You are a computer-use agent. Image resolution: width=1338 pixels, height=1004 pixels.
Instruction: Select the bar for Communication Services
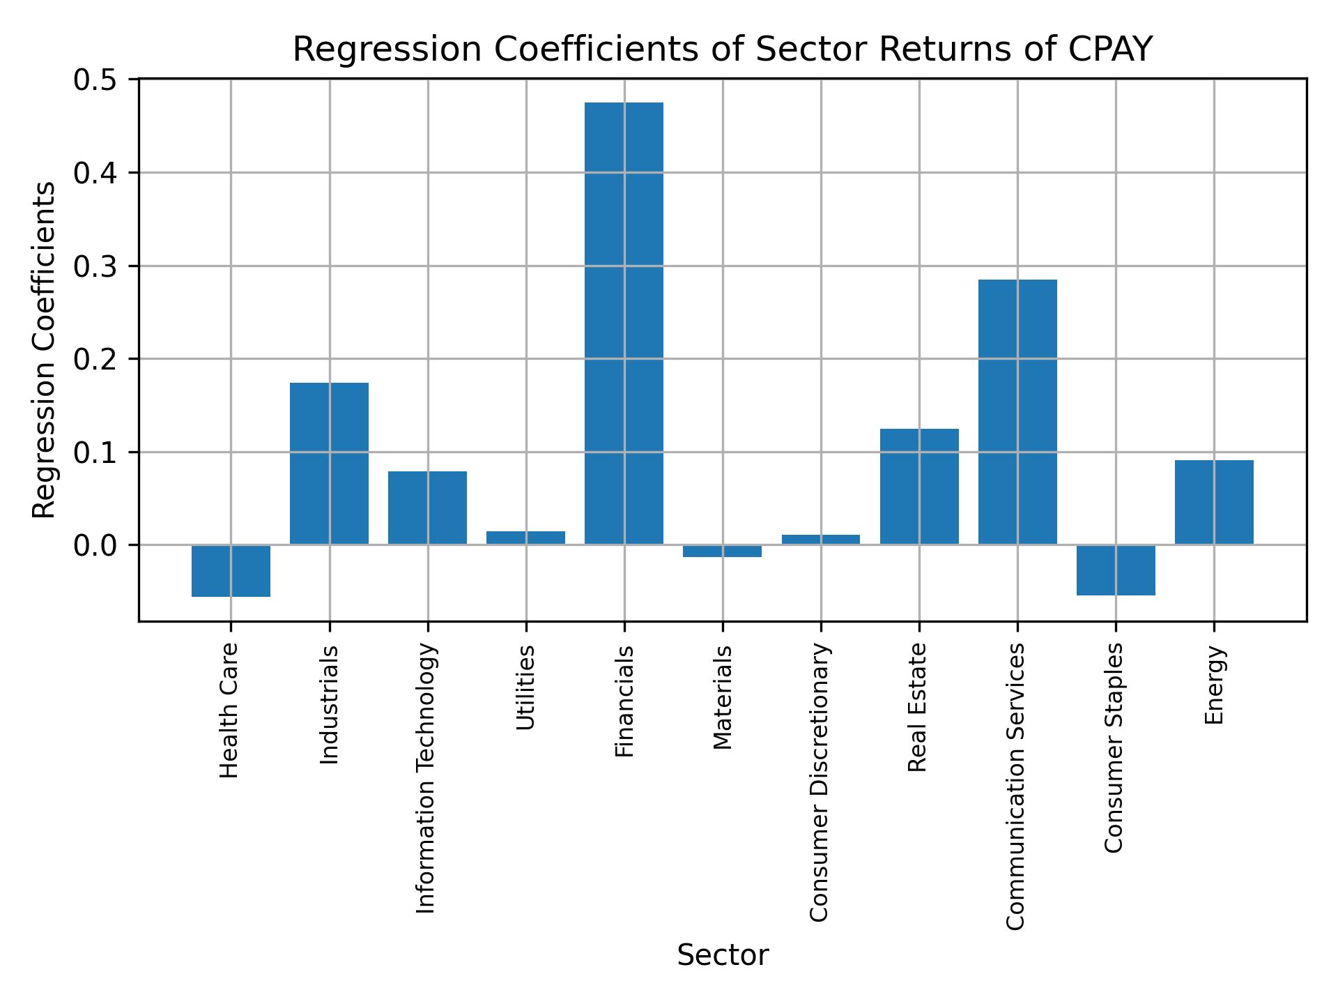coord(1017,411)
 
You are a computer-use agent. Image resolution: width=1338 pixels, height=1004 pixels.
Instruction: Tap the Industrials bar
coord(329,463)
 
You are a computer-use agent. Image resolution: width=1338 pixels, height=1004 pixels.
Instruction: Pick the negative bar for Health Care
coord(231,570)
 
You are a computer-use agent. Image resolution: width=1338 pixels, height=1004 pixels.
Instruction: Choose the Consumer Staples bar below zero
coord(1116,570)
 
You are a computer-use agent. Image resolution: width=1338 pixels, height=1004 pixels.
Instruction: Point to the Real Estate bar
coord(919,486)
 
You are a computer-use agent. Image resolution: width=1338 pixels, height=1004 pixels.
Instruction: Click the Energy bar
coord(1214,502)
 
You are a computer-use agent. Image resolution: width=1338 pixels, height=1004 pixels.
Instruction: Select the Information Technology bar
coord(427,508)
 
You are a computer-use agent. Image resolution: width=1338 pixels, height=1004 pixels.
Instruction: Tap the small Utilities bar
coord(525,538)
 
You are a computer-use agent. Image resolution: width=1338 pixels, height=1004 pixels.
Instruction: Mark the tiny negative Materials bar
coord(722,551)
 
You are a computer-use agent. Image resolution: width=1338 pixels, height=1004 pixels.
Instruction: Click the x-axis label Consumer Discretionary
coord(820,782)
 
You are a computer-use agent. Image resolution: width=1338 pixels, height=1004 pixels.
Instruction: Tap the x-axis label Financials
coord(624,701)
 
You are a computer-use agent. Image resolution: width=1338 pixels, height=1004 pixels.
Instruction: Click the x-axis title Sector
coord(723,955)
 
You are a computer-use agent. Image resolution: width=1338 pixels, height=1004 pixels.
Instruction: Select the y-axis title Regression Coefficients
coord(44,350)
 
